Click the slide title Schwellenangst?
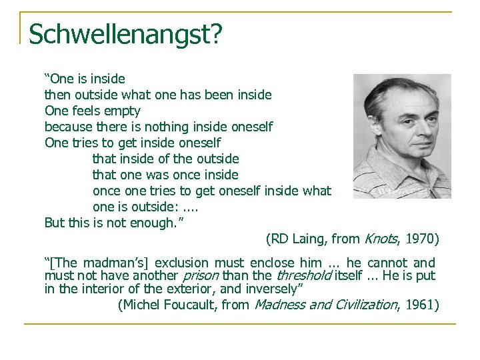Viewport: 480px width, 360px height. (x=125, y=34)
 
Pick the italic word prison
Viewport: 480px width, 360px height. (x=201, y=275)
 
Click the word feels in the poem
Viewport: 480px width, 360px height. (x=88, y=111)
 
